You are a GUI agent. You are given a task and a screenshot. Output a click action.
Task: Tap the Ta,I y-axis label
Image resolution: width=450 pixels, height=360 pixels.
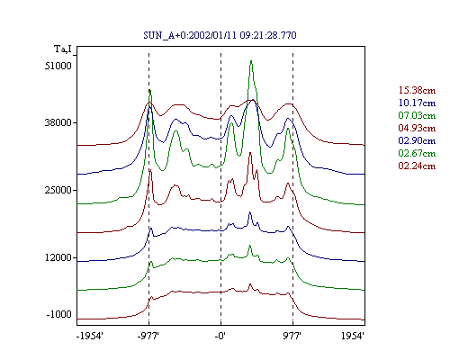tap(63, 49)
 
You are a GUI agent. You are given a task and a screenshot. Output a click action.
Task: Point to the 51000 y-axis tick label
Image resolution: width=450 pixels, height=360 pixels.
tap(58, 66)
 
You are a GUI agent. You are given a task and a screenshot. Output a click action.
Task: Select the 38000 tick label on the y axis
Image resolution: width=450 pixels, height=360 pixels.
tap(58, 122)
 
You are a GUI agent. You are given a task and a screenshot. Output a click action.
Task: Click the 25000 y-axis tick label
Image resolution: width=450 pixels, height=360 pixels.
tap(58, 190)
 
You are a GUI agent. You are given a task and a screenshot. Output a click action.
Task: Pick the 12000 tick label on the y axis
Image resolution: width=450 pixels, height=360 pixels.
tap(58, 257)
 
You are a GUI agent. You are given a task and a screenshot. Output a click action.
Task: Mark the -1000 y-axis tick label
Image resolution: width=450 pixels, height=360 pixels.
tap(59, 314)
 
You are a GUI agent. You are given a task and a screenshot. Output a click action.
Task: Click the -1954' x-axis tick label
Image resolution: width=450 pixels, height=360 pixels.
tap(90, 336)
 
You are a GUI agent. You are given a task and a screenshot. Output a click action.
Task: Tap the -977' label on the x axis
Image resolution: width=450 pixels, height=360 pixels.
tap(148, 336)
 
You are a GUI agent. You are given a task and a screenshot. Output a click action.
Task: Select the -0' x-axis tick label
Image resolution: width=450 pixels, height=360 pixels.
tap(220, 336)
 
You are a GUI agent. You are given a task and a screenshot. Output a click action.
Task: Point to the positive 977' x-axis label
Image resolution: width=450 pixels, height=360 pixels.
tap(292, 336)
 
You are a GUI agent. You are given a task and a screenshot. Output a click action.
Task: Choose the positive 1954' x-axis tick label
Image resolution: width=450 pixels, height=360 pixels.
tap(353, 336)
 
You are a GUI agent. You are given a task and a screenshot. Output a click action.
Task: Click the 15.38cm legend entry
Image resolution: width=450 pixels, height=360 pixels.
tap(417, 90)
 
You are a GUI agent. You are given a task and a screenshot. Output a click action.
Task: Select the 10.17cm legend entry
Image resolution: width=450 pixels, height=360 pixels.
tap(417, 103)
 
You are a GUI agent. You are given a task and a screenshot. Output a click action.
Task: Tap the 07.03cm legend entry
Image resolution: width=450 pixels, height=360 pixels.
tap(417, 115)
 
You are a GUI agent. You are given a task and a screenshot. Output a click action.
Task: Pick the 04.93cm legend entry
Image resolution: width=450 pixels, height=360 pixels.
tap(417, 128)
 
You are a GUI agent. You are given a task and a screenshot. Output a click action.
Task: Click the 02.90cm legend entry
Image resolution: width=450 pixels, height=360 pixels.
tap(417, 140)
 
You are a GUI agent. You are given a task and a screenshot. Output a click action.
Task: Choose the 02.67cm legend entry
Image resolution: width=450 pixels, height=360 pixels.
tap(417, 153)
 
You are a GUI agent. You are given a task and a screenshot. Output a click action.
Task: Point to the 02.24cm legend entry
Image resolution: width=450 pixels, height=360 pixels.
tap(417, 166)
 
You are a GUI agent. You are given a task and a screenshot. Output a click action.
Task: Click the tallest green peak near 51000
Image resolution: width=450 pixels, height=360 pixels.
tap(251, 61)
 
